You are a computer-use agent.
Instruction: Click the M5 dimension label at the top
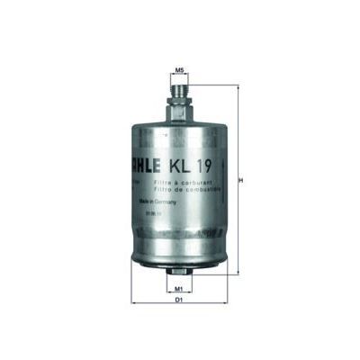coord(179,69)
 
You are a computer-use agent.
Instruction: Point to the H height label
coord(240,180)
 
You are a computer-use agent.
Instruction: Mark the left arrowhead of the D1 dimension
coord(134,299)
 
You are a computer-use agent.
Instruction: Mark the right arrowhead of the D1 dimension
coord(224,299)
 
